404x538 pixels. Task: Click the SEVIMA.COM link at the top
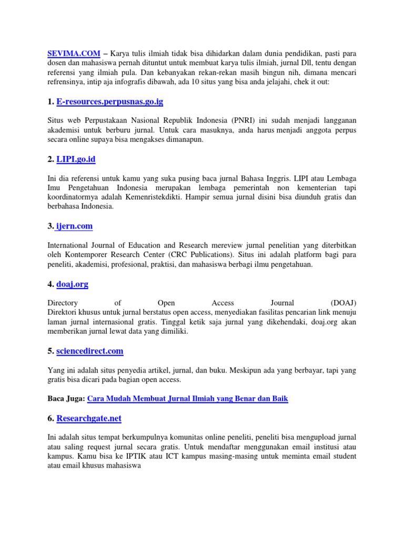coord(74,53)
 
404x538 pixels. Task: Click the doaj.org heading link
coord(72,284)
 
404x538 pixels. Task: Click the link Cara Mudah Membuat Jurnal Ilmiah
coord(187,399)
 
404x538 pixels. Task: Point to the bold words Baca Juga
coord(66,399)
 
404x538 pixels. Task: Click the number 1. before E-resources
coord(50,101)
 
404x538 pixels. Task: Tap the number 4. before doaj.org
coord(50,284)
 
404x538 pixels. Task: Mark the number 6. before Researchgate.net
coord(50,418)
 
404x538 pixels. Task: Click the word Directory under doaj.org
coord(63,303)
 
